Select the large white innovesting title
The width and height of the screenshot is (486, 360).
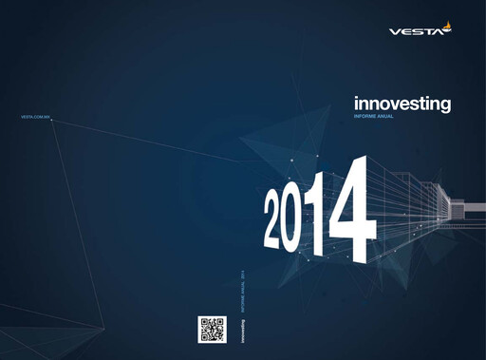point(402,103)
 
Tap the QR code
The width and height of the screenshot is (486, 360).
point(212,329)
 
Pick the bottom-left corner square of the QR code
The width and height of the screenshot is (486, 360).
point(203,337)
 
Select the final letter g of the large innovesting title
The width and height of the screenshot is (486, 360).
point(445,104)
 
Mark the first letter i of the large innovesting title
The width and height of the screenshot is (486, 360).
point(356,102)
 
